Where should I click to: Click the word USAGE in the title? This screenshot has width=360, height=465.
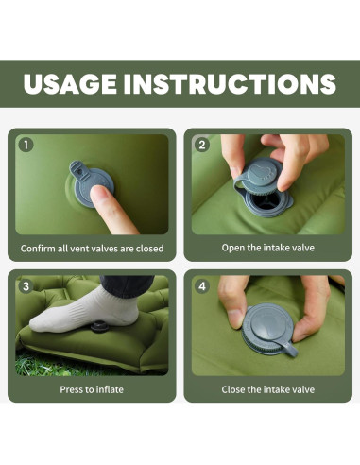pyautogui.click(x=70, y=84)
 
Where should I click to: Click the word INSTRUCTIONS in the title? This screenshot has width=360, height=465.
pyautogui.click(x=230, y=84)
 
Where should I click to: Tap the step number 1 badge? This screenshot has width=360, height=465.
pyautogui.click(x=26, y=145)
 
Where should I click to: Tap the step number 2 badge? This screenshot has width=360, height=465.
pyautogui.click(x=202, y=145)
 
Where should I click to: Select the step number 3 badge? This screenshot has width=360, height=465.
pyautogui.click(x=26, y=286)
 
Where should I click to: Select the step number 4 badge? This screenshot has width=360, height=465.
pyautogui.click(x=202, y=286)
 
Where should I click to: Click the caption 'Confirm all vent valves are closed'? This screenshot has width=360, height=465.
pyautogui.click(x=92, y=249)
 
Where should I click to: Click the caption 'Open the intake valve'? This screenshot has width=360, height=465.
pyautogui.click(x=268, y=248)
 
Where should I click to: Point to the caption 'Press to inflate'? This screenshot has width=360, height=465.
pyautogui.click(x=92, y=389)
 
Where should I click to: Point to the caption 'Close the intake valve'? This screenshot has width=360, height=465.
pyautogui.click(x=268, y=389)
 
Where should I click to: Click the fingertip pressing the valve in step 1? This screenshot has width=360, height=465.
pyautogui.click(x=98, y=194)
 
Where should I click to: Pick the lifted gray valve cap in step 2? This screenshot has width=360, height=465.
pyautogui.click(x=258, y=176)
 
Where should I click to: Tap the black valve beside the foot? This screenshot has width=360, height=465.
pyautogui.click(x=100, y=326)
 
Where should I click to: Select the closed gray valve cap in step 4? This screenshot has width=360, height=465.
pyautogui.click(x=267, y=328)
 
